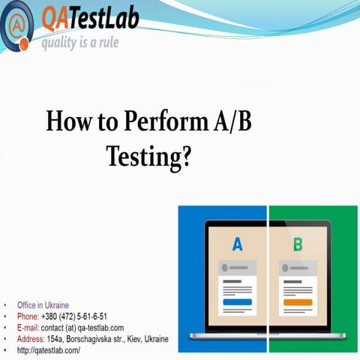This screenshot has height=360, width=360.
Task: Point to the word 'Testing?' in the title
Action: tap(150, 155)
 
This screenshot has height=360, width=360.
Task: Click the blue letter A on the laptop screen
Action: tap(238, 244)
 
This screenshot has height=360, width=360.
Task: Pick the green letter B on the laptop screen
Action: tap(298, 244)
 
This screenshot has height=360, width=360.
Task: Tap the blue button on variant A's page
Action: tap(238, 301)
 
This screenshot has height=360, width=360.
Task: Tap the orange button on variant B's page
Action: tap(298, 301)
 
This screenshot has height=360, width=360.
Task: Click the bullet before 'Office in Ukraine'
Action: tap(7, 306)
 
